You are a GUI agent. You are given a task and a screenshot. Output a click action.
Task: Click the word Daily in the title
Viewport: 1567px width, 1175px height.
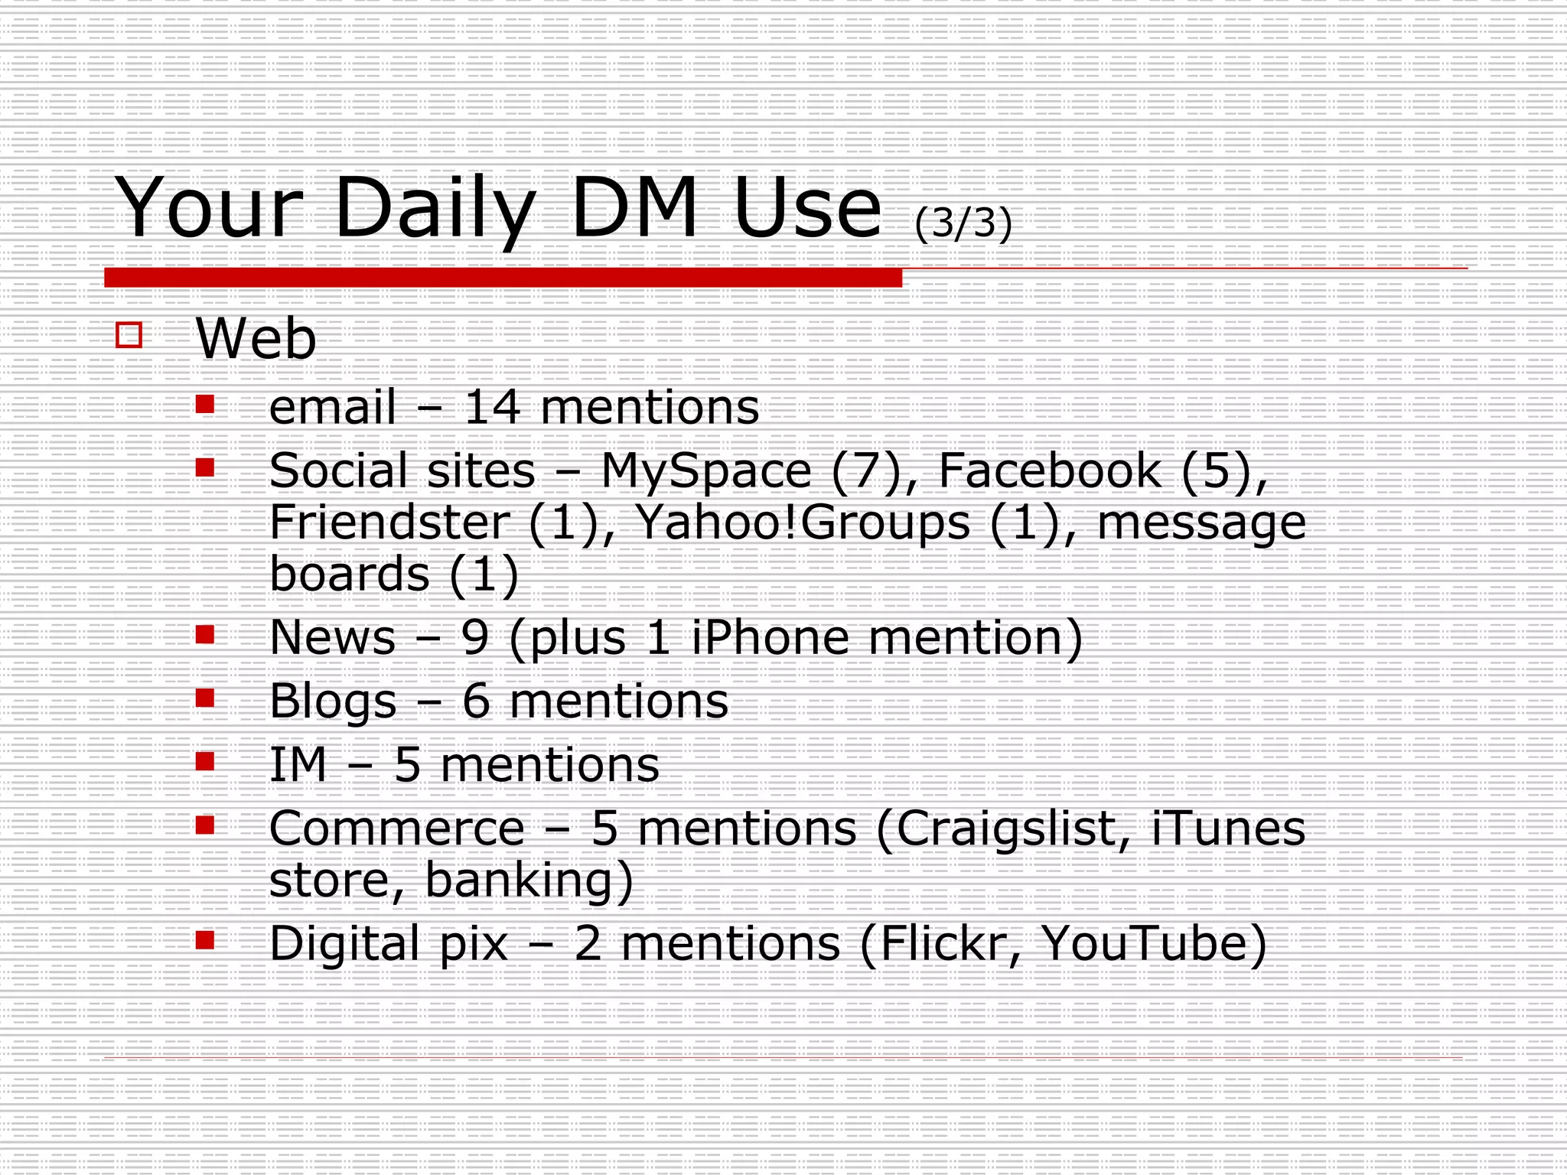(x=435, y=208)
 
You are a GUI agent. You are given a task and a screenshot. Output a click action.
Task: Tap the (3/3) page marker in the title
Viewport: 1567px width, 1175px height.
(x=963, y=223)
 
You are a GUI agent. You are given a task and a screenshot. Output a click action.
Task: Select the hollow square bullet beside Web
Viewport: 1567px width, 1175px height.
(x=129, y=335)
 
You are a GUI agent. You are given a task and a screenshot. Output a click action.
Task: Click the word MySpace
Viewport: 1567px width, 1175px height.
(x=706, y=471)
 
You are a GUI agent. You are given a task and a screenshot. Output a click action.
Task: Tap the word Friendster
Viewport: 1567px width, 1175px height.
(x=389, y=522)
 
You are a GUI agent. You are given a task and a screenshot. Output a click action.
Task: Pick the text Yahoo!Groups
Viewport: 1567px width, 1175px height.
(x=803, y=523)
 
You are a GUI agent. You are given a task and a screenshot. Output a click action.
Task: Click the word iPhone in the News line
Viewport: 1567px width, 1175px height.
(x=770, y=637)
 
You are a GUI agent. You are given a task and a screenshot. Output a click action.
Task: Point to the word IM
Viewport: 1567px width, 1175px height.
(x=298, y=764)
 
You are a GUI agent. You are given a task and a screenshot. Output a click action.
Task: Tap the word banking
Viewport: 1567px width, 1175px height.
(x=520, y=880)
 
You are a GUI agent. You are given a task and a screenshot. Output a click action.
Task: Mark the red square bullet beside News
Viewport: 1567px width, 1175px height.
(x=204, y=634)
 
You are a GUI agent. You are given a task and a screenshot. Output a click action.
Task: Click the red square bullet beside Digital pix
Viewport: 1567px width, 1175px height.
(x=204, y=939)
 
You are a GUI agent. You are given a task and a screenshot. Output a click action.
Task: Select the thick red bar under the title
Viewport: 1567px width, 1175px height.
(x=503, y=278)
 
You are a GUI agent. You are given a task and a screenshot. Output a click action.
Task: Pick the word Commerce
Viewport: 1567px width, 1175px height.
(x=397, y=828)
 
